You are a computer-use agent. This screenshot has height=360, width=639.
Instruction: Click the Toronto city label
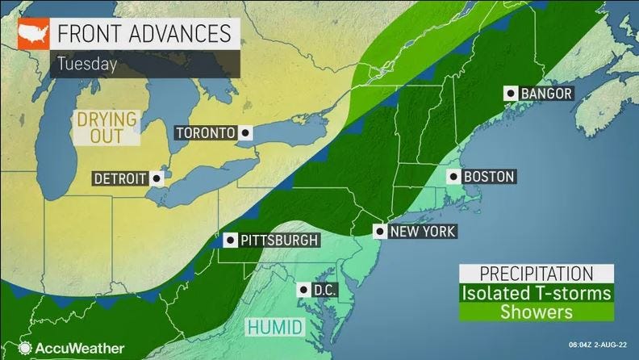click(205, 132)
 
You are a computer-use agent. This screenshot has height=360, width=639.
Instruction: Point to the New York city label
click(422, 232)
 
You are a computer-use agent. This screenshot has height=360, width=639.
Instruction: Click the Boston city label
click(489, 176)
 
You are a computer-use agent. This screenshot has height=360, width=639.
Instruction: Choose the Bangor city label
click(546, 94)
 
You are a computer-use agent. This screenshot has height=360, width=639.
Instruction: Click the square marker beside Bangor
click(510, 94)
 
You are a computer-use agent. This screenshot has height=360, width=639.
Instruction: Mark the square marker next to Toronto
click(245, 132)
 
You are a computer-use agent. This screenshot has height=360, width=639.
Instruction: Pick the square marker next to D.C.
click(303, 289)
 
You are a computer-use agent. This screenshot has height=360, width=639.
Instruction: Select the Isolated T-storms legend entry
click(536, 292)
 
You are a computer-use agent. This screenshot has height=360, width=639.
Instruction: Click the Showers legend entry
click(536, 311)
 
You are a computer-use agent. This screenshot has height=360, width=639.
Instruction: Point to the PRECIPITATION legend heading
click(536, 274)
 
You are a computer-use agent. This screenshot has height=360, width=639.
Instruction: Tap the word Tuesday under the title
click(86, 63)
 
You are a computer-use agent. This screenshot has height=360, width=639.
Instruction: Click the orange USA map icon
click(34, 35)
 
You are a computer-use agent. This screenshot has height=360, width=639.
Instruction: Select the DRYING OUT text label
click(106, 128)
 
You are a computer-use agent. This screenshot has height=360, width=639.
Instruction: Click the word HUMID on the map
click(275, 327)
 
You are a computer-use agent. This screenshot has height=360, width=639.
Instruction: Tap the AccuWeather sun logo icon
click(24, 348)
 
